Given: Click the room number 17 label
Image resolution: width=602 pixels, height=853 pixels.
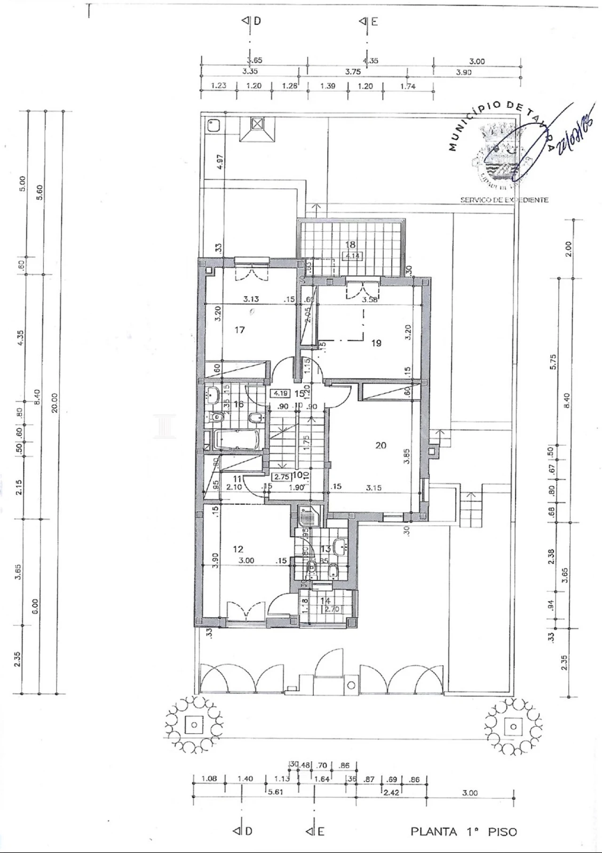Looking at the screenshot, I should click(240, 330).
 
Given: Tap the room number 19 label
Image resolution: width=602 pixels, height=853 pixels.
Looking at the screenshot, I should click(376, 343).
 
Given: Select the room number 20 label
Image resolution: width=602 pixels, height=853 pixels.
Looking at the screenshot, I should click(381, 445).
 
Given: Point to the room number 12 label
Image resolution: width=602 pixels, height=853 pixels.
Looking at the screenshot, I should click(238, 549).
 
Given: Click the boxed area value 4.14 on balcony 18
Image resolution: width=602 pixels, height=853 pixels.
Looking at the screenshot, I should click(352, 257).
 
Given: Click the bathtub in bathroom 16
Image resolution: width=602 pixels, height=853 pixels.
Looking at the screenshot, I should click(237, 440).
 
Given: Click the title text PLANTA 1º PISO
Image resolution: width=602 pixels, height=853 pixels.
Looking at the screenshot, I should click(464, 832).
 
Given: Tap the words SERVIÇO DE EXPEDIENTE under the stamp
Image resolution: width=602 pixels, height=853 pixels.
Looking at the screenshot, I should click(504, 200).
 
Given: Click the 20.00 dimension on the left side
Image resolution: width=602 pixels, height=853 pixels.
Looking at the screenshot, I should click(55, 402).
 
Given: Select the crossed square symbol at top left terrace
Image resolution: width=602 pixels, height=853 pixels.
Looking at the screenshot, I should click(257, 124).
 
